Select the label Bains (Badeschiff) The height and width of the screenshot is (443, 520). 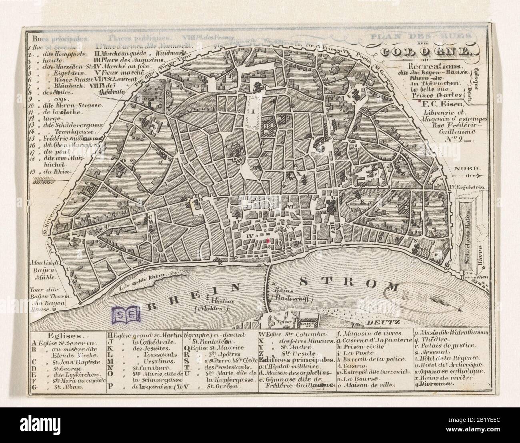pos(292,294)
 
